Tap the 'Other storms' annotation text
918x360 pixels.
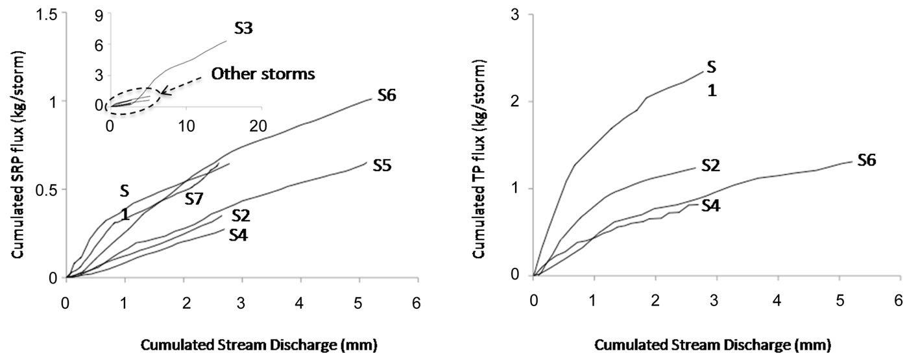click(x=263, y=74)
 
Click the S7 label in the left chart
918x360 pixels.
click(x=196, y=198)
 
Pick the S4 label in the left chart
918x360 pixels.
click(x=239, y=235)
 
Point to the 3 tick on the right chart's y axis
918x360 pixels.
click(x=516, y=14)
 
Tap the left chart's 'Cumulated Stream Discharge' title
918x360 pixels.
click(x=242, y=342)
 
